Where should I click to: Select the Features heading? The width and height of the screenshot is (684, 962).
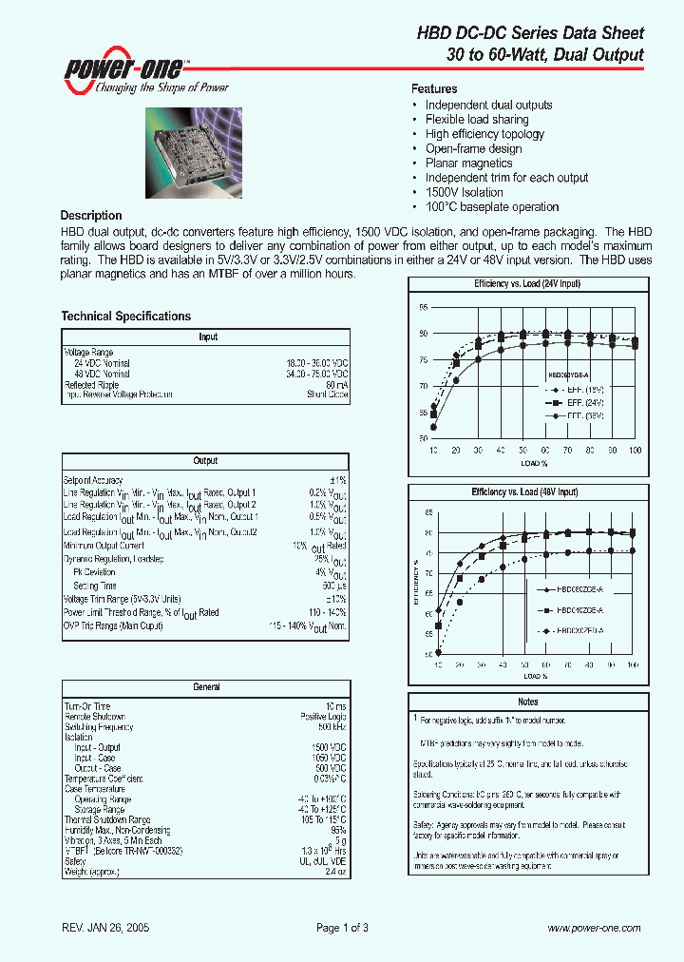click(434, 88)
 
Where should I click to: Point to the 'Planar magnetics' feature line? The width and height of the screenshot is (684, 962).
click(468, 164)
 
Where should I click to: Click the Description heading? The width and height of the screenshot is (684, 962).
click(91, 216)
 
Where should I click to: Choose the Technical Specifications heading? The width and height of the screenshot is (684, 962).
click(125, 317)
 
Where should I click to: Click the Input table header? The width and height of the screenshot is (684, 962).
click(207, 337)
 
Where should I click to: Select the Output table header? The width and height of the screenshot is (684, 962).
click(206, 461)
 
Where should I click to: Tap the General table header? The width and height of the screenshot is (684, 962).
click(206, 686)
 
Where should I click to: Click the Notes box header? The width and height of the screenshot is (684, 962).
click(526, 702)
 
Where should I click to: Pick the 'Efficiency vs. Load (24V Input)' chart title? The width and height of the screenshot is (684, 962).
click(526, 284)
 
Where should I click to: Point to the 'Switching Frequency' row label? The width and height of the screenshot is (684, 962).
click(99, 726)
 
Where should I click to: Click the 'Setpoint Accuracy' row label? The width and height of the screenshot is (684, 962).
click(93, 481)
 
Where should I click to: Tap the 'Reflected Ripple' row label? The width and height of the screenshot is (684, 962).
click(91, 384)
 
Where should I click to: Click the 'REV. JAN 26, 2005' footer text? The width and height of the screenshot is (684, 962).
click(104, 928)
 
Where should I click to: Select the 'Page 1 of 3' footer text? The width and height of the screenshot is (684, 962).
click(342, 928)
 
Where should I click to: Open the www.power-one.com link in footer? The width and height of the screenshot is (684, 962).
click(595, 928)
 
